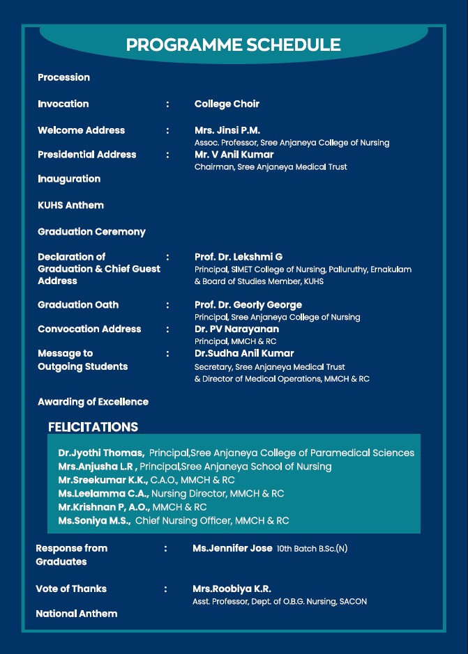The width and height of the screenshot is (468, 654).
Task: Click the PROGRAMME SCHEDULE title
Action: click(233, 45)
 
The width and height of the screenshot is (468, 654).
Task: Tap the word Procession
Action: click(63, 77)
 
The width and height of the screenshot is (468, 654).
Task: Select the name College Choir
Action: click(227, 104)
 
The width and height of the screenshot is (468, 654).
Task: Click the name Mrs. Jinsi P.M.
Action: click(227, 130)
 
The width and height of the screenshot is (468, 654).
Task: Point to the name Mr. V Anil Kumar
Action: click(234, 155)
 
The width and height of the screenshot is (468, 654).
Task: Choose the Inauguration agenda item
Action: click(69, 179)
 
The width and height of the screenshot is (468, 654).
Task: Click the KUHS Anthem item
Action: click(70, 205)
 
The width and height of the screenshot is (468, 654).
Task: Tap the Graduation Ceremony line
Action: click(91, 231)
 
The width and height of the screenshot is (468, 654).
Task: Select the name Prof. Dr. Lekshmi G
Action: click(239, 257)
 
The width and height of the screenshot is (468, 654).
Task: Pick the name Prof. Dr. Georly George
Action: click(248, 305)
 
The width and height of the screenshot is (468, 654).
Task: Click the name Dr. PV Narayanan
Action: click(236, 329)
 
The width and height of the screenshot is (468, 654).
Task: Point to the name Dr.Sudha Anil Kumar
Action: click(244, 354)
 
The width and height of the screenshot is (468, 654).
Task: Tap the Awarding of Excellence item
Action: click(93, 402)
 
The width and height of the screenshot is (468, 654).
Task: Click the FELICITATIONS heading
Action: click(93, 427)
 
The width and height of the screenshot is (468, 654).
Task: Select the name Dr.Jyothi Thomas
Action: click(101, 453)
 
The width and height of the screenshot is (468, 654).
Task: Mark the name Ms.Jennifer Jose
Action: click(232, 549)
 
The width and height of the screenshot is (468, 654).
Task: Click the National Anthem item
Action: click(76, 614)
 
